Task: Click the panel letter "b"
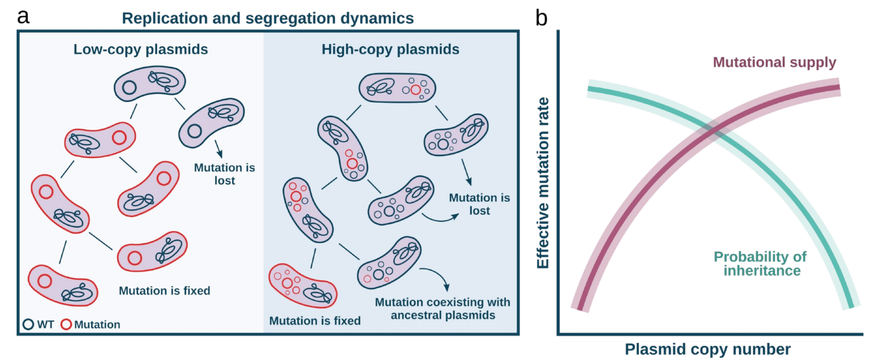coord(541,18)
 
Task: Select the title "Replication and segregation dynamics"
coord(267,18)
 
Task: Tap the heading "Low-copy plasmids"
coord(140,49)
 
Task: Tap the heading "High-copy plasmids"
coord(390,49)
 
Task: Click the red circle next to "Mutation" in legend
coord(66,324)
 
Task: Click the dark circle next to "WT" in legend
coord(28,324)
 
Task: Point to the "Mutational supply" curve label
coord(774,62)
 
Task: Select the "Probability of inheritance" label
coord(761,263)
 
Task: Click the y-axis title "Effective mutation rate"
coord(543,183)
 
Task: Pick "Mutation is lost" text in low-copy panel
coord(224,174)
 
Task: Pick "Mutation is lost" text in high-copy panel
coord(479,204)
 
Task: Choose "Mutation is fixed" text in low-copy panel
coord(164,291)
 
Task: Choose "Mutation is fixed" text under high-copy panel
coord(315,321)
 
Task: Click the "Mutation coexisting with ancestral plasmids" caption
coord(442,308)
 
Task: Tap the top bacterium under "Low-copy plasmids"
coord(150,83)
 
